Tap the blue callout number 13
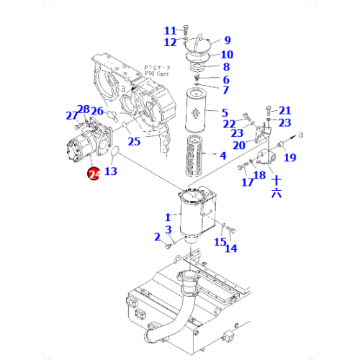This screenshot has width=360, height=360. pos(110,171)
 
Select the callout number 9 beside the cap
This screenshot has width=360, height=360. pos(227,40)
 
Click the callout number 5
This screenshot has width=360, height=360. pos(224,112)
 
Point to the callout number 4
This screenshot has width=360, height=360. pos(223,155)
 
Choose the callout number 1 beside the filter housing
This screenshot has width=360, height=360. pos(168,217)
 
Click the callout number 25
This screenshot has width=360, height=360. pos(135,142)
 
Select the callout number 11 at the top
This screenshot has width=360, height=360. pos(170,30)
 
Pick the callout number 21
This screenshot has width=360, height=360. pos(285,110)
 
